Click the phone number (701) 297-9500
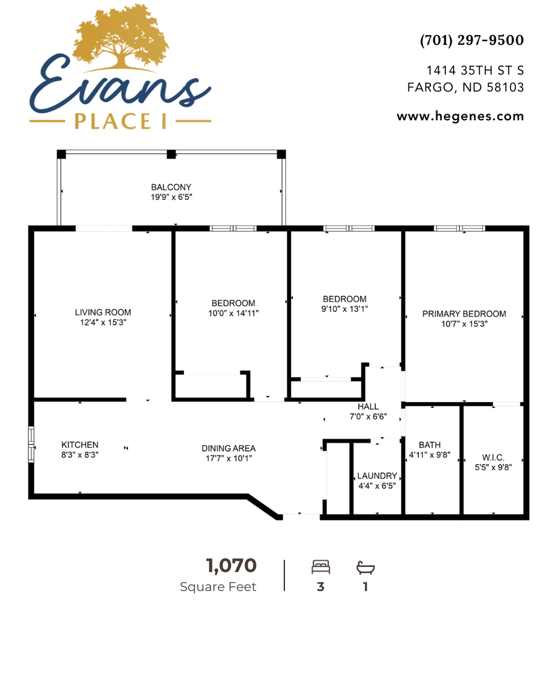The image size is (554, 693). click(471, 40)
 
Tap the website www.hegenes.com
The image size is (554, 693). click(460, 116)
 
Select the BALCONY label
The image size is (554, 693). click(171, 187)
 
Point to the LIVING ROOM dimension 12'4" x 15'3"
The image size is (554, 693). click(103, 322)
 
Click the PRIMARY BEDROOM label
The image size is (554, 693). click(464, 314)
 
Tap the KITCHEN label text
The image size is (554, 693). click(80, 445)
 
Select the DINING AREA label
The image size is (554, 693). click(228, 448)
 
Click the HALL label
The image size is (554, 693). click(368, 406)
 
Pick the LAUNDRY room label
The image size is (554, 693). click(377, 476)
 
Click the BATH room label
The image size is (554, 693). click(430, 445)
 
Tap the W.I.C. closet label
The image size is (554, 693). click(493, 458)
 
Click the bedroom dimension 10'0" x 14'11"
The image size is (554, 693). click(233, 313)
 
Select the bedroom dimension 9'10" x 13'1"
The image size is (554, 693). click(344, 309)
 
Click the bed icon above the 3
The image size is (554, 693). click(321, 567)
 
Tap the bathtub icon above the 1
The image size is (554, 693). click(365, 567)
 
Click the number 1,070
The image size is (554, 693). click(231, 566)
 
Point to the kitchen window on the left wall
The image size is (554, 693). click(31, 444)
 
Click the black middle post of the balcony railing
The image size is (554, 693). click(171, 154)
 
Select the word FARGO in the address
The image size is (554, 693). click(430, 87)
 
